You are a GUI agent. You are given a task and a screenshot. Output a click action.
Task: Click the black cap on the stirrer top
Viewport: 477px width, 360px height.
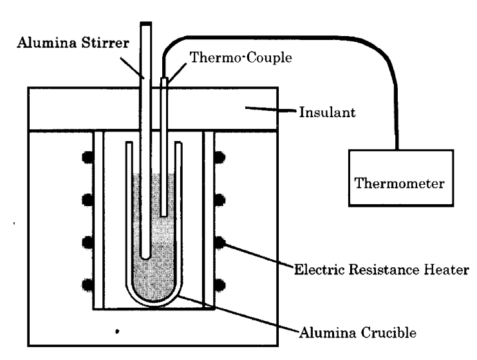(146, 24)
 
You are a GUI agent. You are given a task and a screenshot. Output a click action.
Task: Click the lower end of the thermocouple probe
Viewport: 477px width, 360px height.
(165, 214)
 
